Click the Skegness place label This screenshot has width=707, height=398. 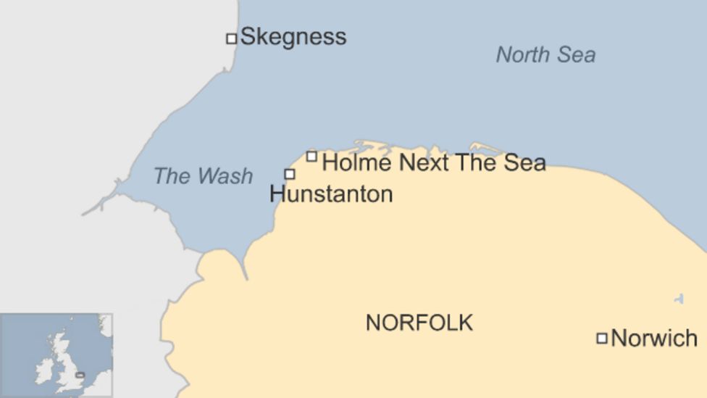coord(293,36)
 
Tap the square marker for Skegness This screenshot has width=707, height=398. coord(232,38)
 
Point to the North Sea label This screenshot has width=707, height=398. coord(545,54)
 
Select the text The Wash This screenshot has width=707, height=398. coord(203,176)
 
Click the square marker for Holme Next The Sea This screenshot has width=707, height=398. coord(311,156)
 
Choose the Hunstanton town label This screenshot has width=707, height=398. coord(331,194)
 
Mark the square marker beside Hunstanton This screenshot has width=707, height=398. coord(290,174)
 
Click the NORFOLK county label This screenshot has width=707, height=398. coord(419,323)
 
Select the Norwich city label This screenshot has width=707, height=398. coord(654,338)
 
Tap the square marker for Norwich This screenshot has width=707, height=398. coord(601,338)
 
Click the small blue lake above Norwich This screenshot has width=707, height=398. coord(679,299)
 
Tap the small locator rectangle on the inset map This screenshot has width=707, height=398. coord(80,375)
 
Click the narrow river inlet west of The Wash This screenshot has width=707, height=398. coord(101,204)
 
